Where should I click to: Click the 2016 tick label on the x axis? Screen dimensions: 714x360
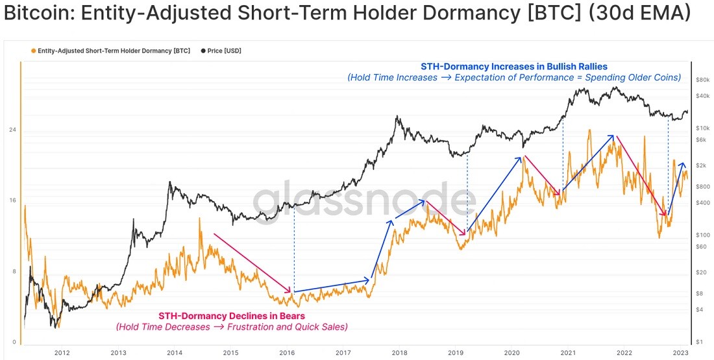click(287, 352)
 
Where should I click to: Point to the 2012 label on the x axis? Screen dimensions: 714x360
click(62, 352)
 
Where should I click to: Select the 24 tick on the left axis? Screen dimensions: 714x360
click(13, 130)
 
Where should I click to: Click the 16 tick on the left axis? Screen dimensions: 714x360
click(13, 200)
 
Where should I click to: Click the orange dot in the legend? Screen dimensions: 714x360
click(33, 51)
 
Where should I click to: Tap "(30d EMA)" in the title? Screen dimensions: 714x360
click(637, 15)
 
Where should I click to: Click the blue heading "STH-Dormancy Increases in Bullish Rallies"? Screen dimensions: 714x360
click(513, 67)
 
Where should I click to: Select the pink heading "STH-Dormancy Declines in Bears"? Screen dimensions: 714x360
click(231, 315)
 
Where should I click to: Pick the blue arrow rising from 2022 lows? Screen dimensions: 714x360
click(676, 188)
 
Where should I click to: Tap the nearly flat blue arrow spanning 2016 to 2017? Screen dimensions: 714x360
click(332, 286)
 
